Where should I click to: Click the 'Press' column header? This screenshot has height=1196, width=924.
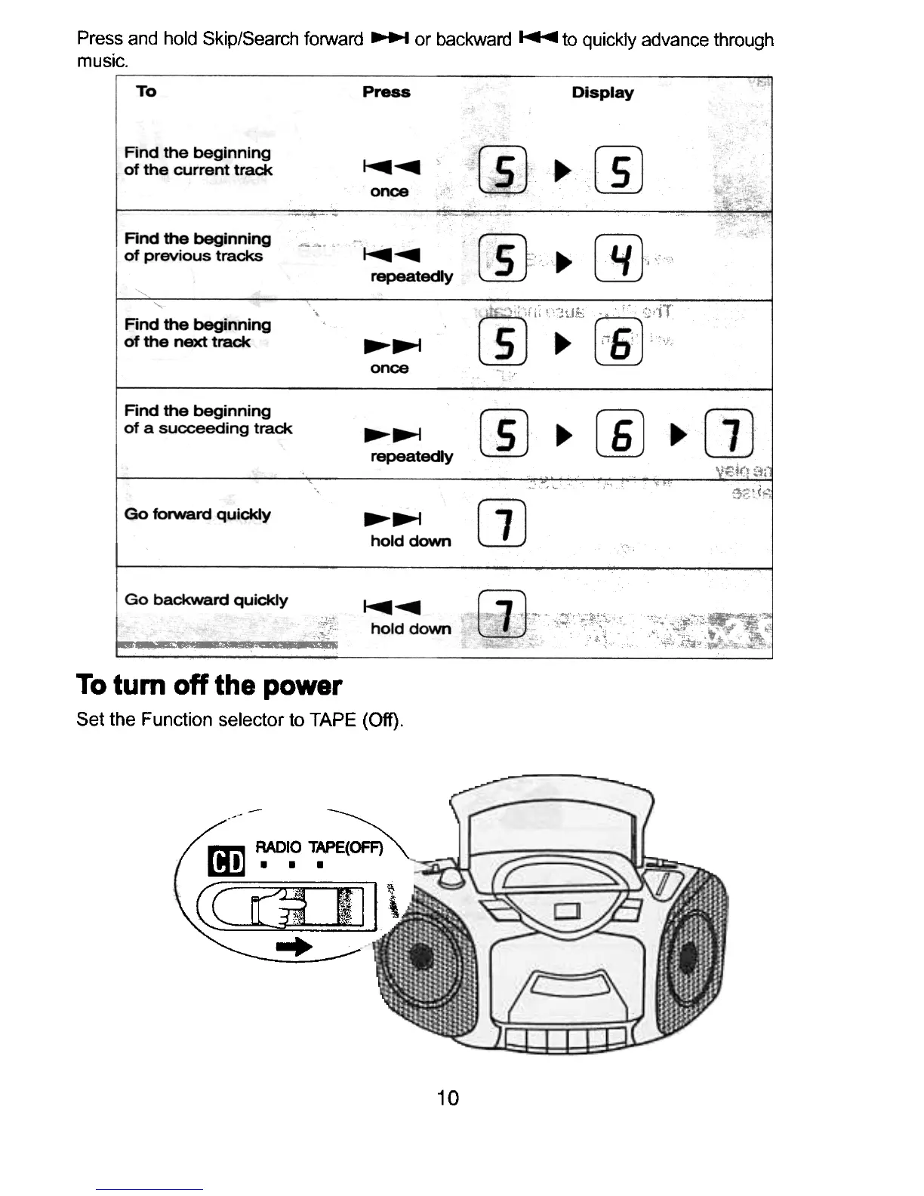click(386, 92)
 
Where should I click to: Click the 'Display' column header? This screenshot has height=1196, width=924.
click(602, 93)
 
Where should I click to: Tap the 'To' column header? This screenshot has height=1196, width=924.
click(146, 91)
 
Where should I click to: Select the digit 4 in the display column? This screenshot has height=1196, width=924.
click(619, 258)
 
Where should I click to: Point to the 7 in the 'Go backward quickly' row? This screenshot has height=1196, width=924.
click(503, 612)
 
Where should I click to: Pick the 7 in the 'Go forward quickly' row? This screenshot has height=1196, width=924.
click(503, 524)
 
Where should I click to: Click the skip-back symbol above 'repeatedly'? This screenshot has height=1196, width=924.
click(391, 254)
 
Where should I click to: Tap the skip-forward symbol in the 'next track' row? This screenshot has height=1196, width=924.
click(392, 346)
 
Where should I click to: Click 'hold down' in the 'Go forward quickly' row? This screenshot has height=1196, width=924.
click(410, 541)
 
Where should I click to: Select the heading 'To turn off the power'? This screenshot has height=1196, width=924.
click(209, 686)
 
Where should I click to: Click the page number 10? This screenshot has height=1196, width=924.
click(448, 1098)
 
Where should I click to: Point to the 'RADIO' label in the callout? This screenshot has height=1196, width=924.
click(278, 847)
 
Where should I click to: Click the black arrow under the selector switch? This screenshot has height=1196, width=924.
click(294, 947)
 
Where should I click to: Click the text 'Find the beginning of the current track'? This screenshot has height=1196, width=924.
click(197, 162)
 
